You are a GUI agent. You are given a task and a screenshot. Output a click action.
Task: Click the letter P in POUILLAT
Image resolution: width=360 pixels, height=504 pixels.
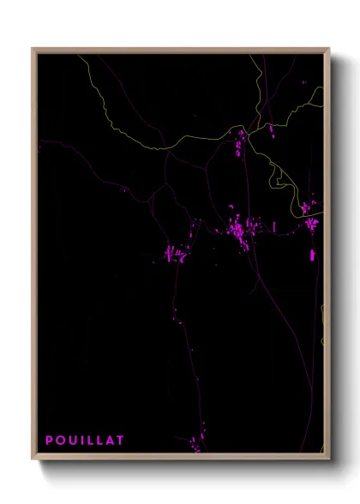[50, 441]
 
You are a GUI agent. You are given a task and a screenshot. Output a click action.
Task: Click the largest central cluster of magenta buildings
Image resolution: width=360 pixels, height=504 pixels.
[240, 229]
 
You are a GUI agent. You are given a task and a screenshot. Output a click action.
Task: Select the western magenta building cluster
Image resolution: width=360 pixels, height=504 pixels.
[176, 253]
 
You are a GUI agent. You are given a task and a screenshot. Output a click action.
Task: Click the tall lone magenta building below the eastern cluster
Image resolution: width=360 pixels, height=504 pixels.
[313, 255]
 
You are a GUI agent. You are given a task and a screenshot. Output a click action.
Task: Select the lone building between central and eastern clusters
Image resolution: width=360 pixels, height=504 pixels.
[274, 225]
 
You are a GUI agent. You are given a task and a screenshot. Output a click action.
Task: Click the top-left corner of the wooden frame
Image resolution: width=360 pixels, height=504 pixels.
[33, 49]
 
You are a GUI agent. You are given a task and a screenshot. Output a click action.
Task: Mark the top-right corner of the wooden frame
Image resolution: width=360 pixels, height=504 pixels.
[328, 49]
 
